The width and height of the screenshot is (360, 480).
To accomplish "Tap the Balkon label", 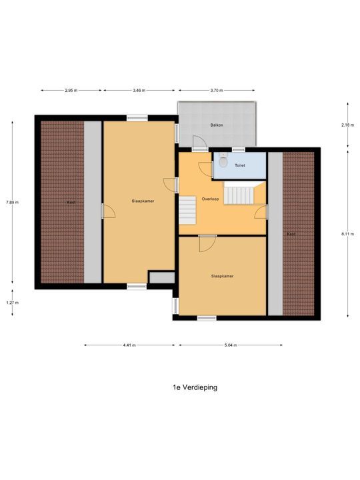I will tap(217, 125).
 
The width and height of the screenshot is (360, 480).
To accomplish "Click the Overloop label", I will tap(202, 198).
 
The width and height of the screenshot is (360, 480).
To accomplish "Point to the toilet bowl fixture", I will tap(223, 161).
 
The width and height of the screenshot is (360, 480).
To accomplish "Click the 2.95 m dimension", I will tap(70, 89).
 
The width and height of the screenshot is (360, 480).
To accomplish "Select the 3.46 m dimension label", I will tap(139, 89).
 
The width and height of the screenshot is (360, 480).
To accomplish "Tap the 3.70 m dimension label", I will tap(216, 89).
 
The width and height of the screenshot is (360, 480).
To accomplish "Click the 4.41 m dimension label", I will tap(129, 345).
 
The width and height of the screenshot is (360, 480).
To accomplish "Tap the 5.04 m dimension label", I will tap(231, 345).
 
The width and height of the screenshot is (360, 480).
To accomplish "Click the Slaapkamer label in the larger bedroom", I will tap(139, 200).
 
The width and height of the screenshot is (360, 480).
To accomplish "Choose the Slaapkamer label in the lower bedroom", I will tap(223, 275).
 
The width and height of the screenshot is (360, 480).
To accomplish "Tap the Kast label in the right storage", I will tap(291, 235).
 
